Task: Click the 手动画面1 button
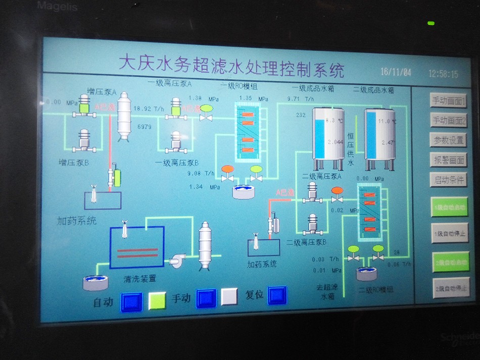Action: tap(448, 100)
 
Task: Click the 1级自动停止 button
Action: tap(449, 233)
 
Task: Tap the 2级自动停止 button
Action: tap(450, 289)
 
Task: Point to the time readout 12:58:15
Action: tap(443, 74)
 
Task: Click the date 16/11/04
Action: tap(396, 72)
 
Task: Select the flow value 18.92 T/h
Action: tap(149, 109)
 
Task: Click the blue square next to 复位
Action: tap(277, 295)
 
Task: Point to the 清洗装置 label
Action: tap(140, 278)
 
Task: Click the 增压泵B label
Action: tap(73, 163)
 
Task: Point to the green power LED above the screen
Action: tap(430, 23)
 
